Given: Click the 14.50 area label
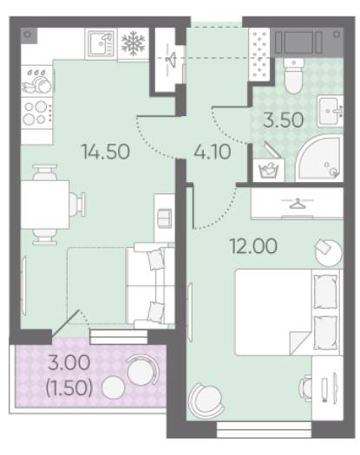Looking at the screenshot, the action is tap(106, 152).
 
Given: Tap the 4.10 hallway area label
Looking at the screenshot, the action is tap(213, 152).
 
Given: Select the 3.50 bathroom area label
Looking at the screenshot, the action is tap(284, 120).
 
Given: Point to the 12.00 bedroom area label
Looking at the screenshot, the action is tap(253, 246).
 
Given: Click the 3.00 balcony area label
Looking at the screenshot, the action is tap(69, 362).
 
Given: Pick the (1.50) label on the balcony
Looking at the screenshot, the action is tap(69, 388).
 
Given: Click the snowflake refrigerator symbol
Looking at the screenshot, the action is tap(133, 43).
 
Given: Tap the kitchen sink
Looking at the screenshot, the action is tap(101, 44).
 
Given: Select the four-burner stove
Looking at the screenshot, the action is tap(37, 114).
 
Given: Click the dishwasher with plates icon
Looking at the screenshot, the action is tap(37, 81).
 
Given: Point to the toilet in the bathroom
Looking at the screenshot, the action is tap(294, 75).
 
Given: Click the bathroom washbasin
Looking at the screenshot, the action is tap(331, 111).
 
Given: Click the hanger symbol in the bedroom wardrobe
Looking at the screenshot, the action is tap(298, 203).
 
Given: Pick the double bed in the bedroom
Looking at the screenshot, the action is tap(289, 312).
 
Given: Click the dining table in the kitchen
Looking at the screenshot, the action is tap(45, 205).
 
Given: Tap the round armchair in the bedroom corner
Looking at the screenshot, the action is tap(206, 400).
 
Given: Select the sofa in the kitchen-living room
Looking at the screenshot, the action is tap(151, 286).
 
